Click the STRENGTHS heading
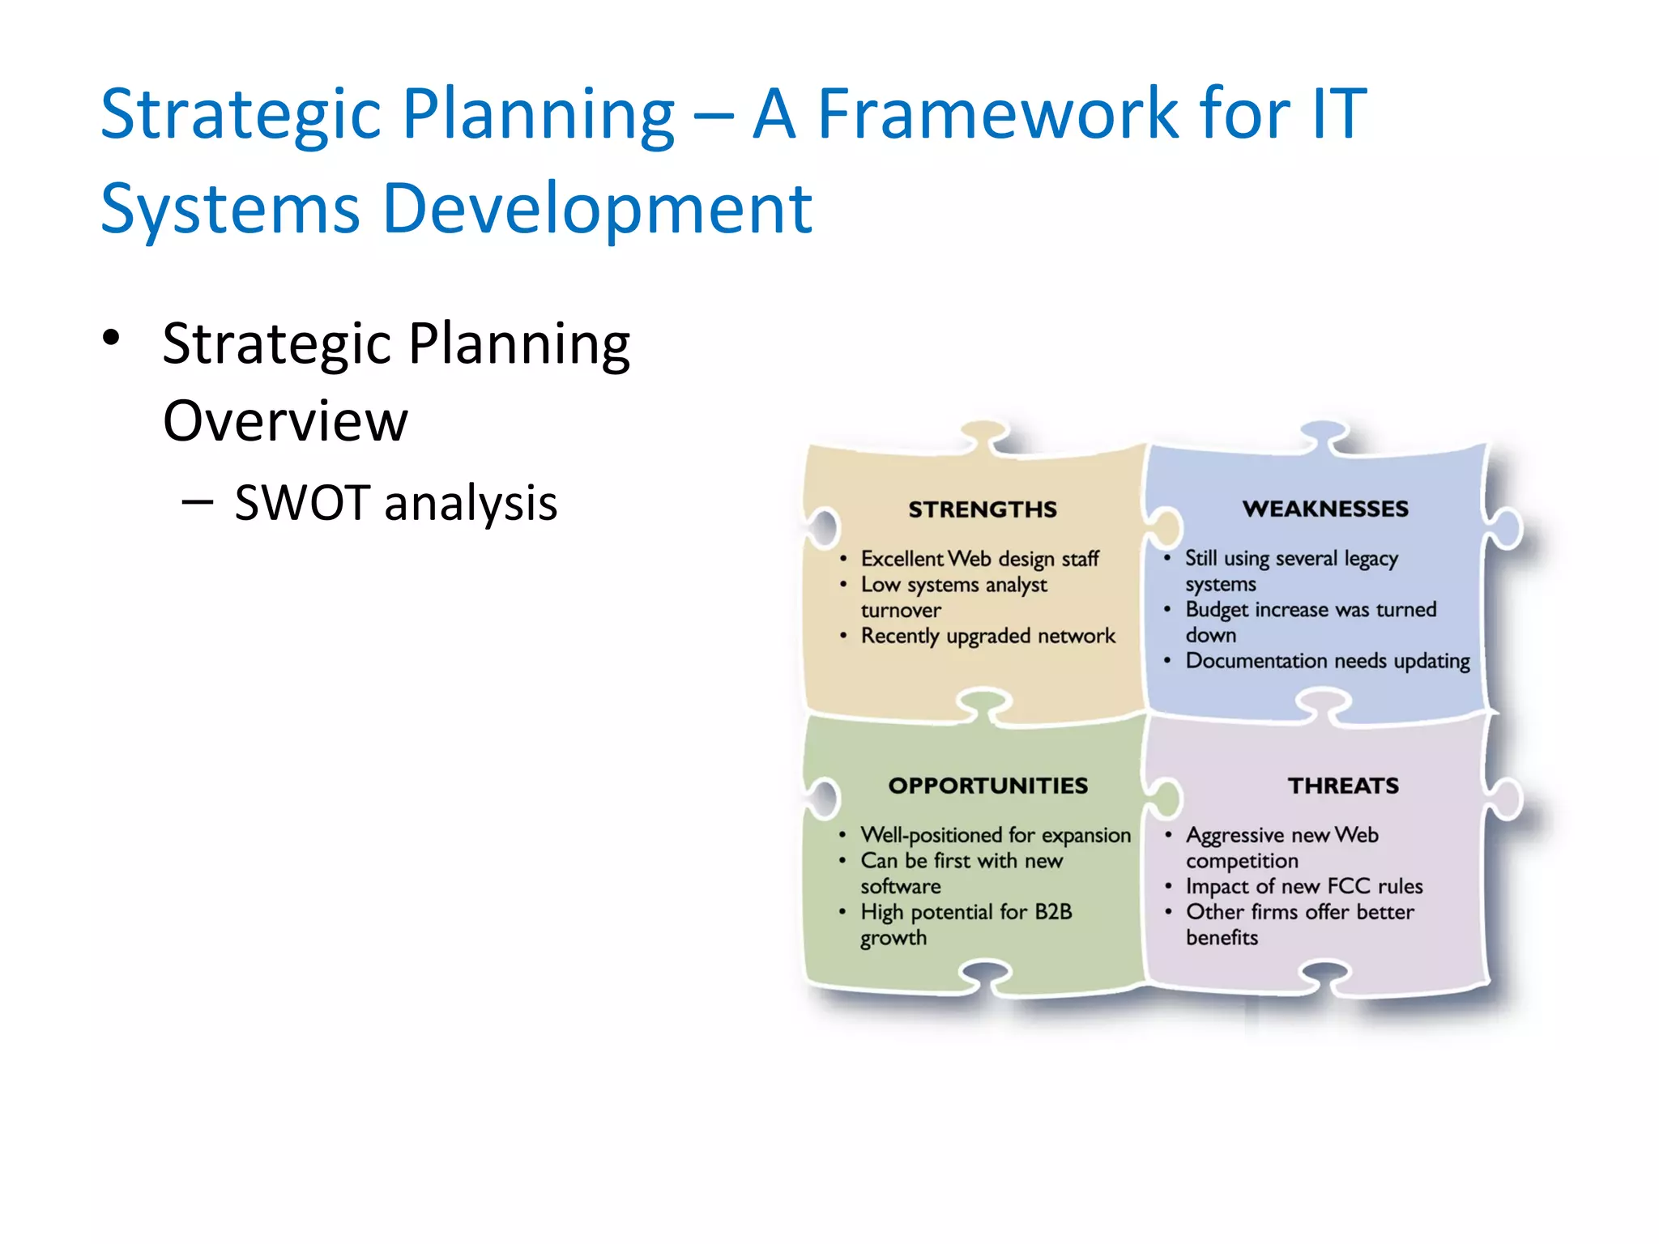[x=982, y=509]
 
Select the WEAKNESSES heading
[x=1325, y=509]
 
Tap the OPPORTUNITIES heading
[x=987, y=786]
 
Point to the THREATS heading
[x=1343, y=786]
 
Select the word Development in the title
[x=596, y=209]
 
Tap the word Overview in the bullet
[x=285, y=421]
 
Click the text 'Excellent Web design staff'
[x=979, y=559]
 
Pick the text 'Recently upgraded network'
[x=987, y=637]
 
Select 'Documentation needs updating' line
[x=1327, y=662]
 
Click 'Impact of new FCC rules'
[x=1304, y=887]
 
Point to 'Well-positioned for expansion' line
[x=995, y=835]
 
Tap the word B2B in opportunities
[x=1053, y=912]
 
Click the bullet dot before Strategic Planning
[x=112, y=338]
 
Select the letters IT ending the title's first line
[x=1339, y=114]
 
